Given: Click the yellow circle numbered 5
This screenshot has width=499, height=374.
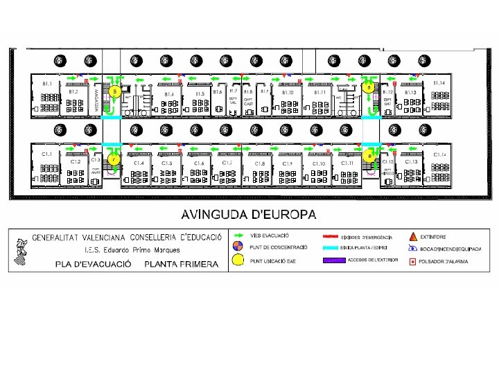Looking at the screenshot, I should click(116, 91).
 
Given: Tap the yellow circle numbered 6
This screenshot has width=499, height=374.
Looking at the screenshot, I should click(370, 87).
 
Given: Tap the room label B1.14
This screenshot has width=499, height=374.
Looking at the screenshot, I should click(438, 83).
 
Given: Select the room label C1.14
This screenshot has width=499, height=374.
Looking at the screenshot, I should click(438, 154).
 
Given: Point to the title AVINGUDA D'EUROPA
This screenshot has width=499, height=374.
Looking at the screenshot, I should click(249, 213).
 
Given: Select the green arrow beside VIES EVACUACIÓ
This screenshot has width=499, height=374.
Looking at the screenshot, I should click(239, 237).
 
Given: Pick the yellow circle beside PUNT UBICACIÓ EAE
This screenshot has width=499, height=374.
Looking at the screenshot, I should click(238, 260).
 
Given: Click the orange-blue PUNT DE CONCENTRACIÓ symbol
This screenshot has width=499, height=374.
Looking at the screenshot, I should click(238, 247).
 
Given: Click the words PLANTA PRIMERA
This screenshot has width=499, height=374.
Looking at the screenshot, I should click(181, 264).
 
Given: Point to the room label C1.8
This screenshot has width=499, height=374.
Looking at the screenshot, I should click(259, 163).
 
